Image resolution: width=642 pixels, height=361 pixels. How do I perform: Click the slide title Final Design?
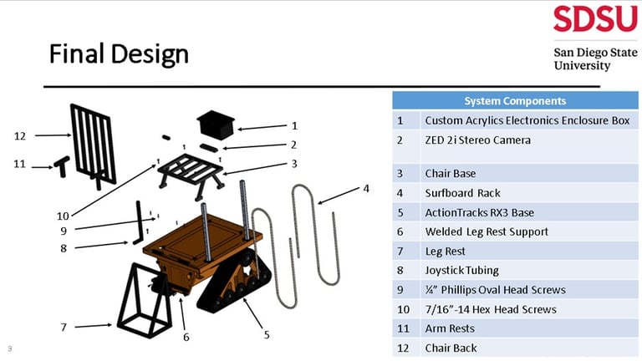point(119,55)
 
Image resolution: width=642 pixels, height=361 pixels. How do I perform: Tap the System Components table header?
point(514,100)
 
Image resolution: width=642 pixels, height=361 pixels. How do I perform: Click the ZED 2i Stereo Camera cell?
point(477,140)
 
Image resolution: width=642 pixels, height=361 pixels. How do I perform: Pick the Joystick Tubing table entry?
point(462,270)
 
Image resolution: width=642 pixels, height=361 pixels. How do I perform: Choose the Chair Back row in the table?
point(451,348)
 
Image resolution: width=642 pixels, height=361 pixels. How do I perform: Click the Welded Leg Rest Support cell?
point(487,231)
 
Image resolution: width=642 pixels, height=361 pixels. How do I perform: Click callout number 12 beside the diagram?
point(21,135)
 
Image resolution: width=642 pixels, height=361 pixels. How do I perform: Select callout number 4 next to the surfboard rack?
point(365,188)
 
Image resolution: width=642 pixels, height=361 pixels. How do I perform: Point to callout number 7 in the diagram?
point(64,327)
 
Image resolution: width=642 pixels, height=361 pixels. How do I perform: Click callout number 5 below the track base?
point(267,334)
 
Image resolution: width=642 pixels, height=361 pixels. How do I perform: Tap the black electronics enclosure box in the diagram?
point(217,125)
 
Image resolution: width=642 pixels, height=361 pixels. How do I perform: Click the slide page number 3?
point(9,348)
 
